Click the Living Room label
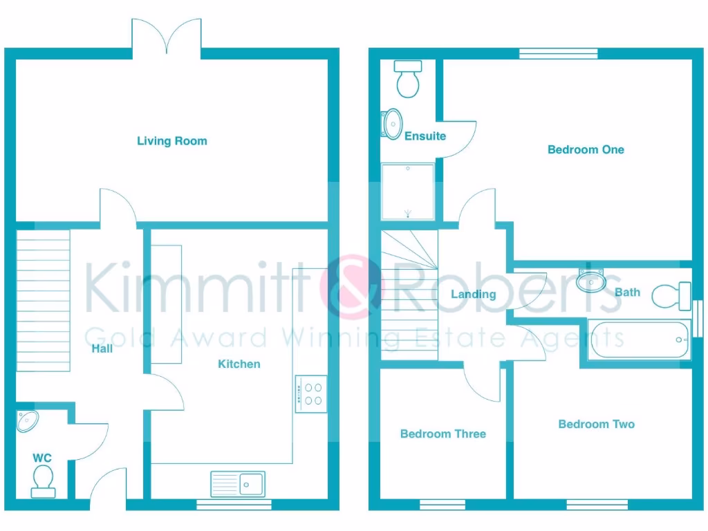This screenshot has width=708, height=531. click(171, 141)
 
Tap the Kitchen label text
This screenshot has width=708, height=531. click(239, 364)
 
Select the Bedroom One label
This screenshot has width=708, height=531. click(586, 149)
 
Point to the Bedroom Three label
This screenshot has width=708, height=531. click(443, 434)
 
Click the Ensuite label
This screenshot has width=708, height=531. click(425, 136)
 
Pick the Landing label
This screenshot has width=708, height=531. click(474, 295)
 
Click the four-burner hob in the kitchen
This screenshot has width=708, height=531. click(310, 393)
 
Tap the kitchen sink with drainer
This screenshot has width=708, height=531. click(238, 483)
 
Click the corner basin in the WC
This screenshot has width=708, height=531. click(28, 420)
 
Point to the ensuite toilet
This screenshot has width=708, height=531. click(408, 78)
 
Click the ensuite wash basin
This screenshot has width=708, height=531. click(392, 124)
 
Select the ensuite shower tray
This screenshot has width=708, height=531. click(408, 192)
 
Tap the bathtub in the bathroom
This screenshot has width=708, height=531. click(638, 339)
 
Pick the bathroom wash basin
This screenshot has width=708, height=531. click(590, 279)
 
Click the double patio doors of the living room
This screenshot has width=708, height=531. click(167, 36)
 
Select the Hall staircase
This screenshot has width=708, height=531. click(43, 299)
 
